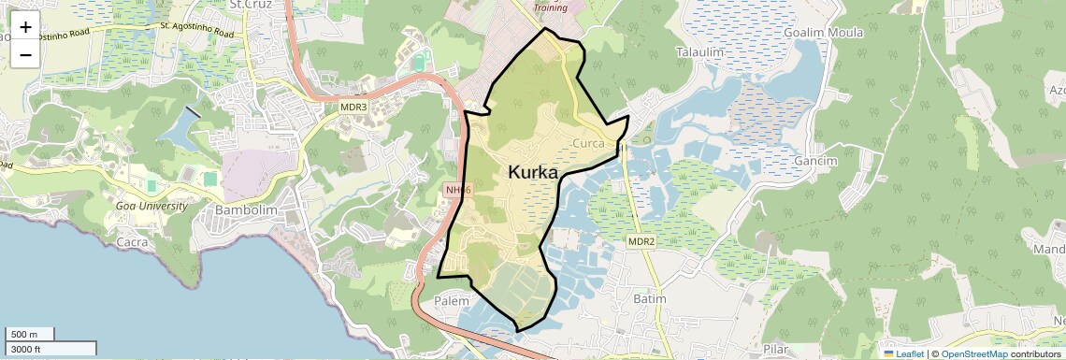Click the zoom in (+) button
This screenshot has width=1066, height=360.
point(25,26)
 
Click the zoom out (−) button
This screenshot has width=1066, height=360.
point(25,54)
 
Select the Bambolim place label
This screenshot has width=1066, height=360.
point(247,210)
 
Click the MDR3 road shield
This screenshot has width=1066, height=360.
point(353,108)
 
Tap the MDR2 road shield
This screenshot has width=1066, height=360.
point(641,242)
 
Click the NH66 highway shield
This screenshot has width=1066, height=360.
point(459,190)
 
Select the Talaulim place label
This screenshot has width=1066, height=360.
point(700,52)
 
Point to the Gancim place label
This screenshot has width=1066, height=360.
point(814,161)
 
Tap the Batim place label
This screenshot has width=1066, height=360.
point(649,298)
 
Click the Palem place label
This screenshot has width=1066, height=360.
point(454,301)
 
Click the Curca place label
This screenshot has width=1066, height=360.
point(588,143)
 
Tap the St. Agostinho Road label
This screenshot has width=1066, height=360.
point(195,31)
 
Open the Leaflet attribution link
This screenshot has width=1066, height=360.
point(905,353)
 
